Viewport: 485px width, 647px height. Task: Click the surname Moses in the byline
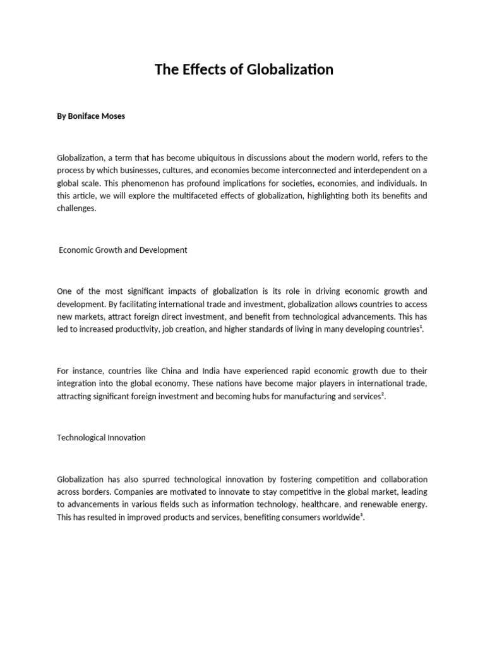113,116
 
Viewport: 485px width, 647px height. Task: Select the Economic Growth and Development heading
123,250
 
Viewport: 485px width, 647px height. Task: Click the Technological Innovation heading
101,437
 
